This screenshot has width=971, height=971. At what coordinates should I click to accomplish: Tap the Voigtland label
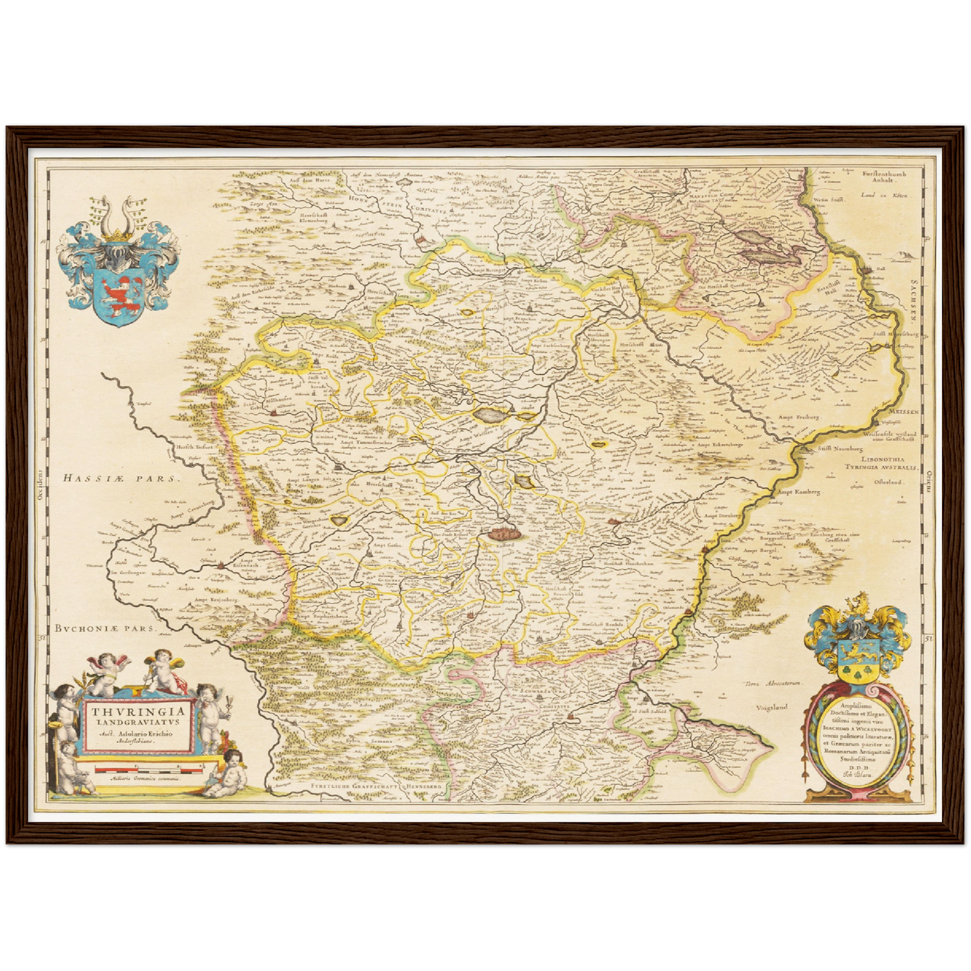(x=772, y=708)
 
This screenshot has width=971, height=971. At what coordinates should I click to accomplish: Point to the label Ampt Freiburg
(x=799, y=417)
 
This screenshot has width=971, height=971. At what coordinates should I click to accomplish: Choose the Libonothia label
(x=874, y=459)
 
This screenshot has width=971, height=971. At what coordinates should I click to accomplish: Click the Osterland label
(x=890, y=482)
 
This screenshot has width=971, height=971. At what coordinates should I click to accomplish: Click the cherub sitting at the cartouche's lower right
(x=229, y=773)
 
